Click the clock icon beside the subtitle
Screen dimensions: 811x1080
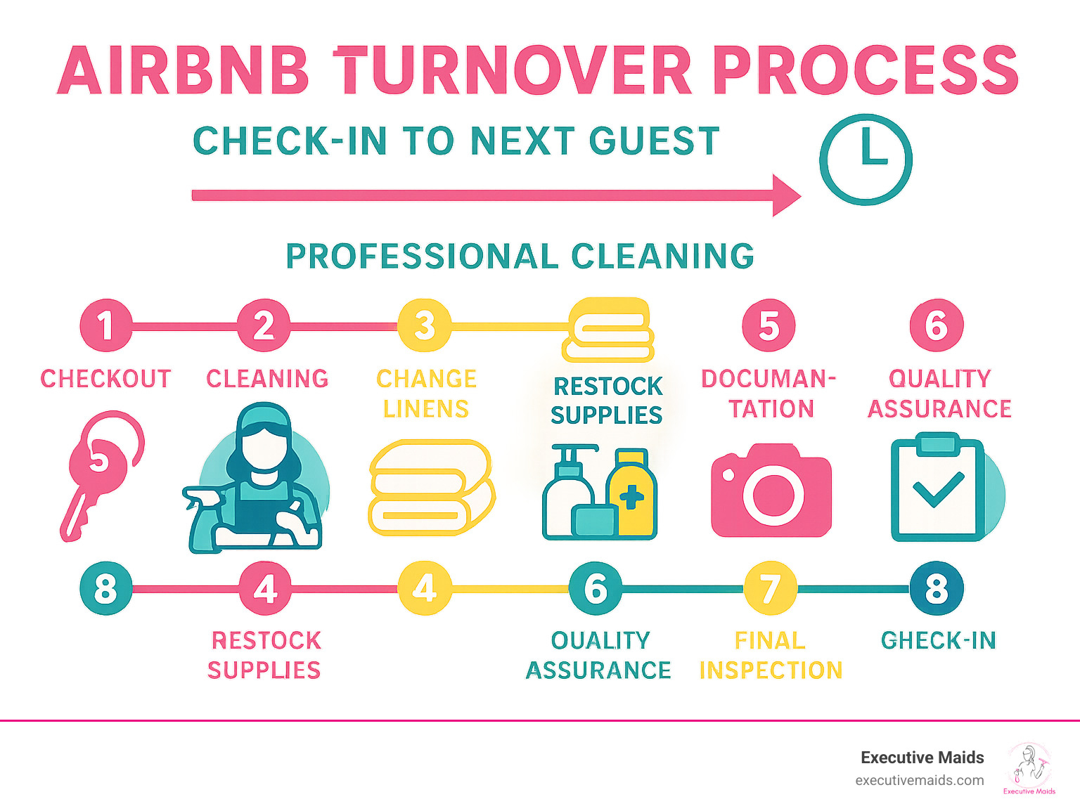pyautogui.click(x=866, y=160)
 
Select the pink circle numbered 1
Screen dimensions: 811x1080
pyautogui.click(x=105, y=326)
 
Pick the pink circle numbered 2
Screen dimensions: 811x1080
pyautogui.click(x=264, y=326)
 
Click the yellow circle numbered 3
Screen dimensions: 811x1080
pyautogui.click(x=424, y=326)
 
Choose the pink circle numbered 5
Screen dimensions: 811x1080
pyautogui.click(x=769, y=326)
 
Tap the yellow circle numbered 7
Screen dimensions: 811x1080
pyautogui.click(x=771, y=589)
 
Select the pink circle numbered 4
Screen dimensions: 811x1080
pyautogui.click(x=265, y=589)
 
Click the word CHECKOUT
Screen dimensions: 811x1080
pyautogui.click(x=105, y=379)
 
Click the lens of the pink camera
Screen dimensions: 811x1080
pyautogui.click(x=773, y=495)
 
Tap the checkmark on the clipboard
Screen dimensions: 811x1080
pyautogui.click(x=937, y=489)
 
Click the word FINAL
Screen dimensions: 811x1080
pyautogui.click(x=770, y=641)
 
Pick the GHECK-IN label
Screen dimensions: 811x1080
pyautogui.click(x=938, y=641)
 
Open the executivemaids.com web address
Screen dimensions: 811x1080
pyautogui.click(x=919, y=781)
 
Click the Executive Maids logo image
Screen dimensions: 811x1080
pyautogui.click(x=1029, y=768)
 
